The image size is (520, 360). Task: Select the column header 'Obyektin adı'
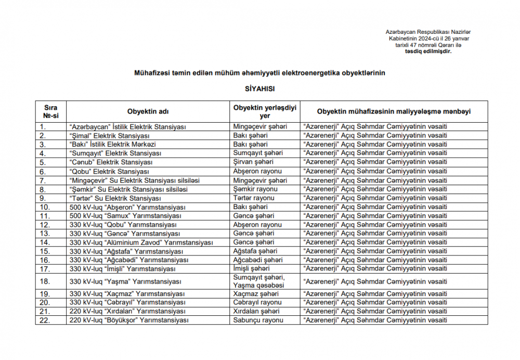[148, 112]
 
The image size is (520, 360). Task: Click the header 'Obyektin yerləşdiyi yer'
[265, 112]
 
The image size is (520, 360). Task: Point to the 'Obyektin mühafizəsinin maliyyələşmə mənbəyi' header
[394, 112]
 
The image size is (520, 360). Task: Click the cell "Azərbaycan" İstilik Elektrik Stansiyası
[128, 126]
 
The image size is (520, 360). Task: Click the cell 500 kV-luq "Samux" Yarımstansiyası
[125, 216]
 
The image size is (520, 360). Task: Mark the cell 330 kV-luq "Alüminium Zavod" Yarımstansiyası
[141, 242]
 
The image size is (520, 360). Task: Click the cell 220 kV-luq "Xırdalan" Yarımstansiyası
[127, 311]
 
